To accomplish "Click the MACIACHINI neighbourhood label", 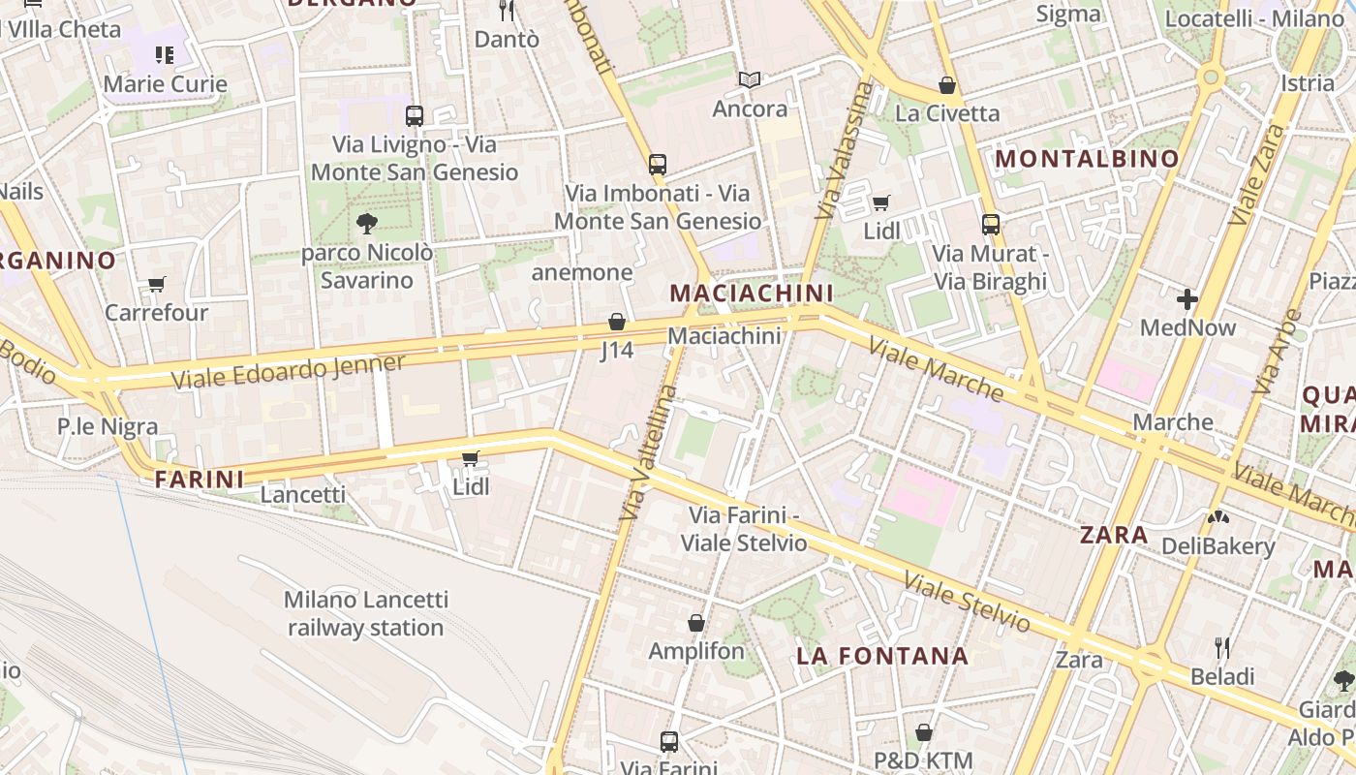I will click(751, 293).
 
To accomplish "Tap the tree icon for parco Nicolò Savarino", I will click(366, 224).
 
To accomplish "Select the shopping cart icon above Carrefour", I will click(156, 284).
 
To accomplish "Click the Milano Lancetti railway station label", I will click(365, 613).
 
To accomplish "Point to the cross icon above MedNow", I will click(1187, 298).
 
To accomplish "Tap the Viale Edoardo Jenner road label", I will click(289, 371).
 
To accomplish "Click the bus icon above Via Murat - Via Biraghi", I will click(990, 225).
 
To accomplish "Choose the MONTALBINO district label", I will click(1087, 158).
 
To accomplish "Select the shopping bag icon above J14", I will click(617, 322).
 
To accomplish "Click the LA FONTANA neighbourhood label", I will click(881, 656).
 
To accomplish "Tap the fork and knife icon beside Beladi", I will click(1222, 647).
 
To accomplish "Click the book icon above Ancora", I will click(750, 79).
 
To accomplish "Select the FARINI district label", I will click(200, 479).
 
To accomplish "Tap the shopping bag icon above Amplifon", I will click(695, 622).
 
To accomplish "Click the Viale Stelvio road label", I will click(966, 601).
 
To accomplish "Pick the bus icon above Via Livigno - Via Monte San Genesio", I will click(415, 116).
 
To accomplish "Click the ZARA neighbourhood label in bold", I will click(1114, 535).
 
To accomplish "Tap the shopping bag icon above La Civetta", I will click(947, 85).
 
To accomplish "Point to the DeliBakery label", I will click(1217, 546).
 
